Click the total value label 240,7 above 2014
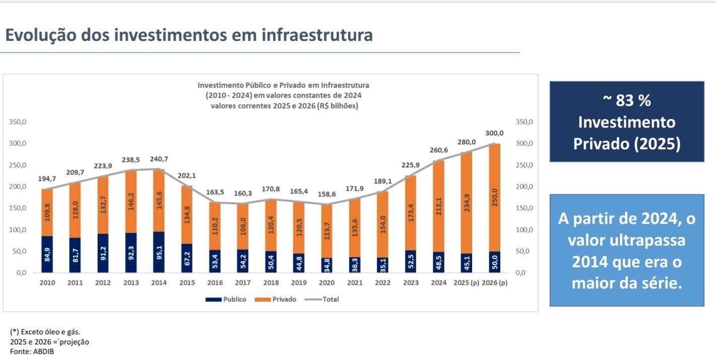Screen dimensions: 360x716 (x=159, y=159)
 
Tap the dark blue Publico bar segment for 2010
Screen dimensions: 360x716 (x=47, y=254)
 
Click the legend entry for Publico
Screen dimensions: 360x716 (x=226, y=299)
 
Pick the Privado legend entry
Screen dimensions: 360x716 (x=276, y=299)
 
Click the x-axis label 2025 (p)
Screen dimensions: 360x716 (x=466, y=283)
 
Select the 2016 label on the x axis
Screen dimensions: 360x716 (x=215, y=283)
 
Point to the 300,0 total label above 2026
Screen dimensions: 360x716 (x=494, y=133)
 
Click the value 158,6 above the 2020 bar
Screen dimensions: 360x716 (x=327, y=194)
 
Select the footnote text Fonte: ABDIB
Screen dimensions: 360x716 (x=32, y=351)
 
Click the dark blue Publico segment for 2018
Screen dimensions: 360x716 (x=271, y=262)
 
